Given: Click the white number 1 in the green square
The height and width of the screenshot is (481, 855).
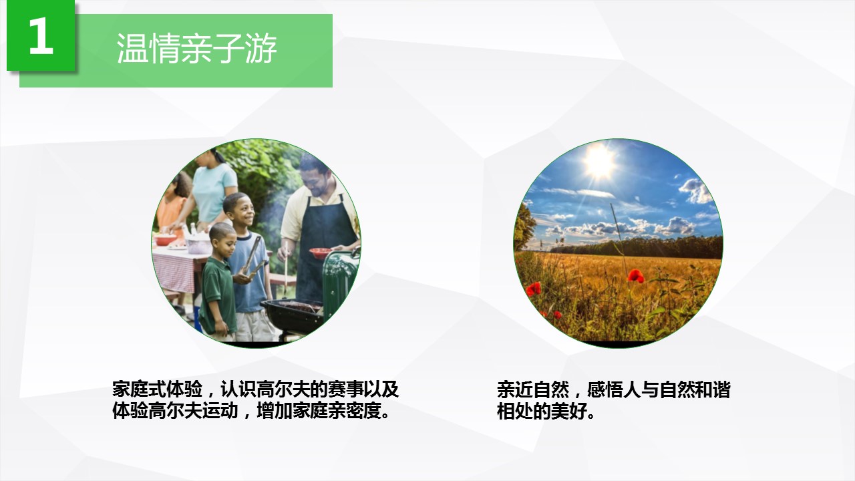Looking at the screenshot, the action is pos(41,35).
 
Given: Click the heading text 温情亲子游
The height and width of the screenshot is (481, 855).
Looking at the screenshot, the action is pos(196,49).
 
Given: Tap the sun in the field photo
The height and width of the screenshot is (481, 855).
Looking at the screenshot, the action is pos(599,161).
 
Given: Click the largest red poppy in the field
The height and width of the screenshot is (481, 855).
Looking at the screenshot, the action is pos(635,276).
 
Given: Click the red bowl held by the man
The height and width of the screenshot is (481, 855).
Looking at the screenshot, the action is pos(320,253).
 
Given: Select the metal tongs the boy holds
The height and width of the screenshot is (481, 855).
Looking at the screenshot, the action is pos(253,257).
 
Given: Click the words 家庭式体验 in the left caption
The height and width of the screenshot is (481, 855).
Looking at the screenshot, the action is pos(157,389).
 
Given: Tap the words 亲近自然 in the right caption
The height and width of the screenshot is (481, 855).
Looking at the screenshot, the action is pos(533,389).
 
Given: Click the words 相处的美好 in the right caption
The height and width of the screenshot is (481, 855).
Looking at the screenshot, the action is pos(542,411).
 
